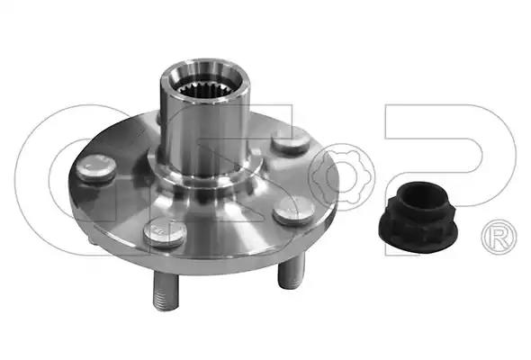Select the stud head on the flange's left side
[95, 168]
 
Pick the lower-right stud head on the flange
[294, 211]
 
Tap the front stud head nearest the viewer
[164, 232]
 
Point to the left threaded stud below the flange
[166, 291]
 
